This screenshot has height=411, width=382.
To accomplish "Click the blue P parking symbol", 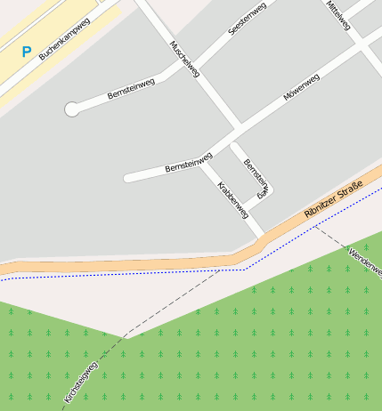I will coord(26,52).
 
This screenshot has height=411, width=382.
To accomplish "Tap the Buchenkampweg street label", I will coord(64,40).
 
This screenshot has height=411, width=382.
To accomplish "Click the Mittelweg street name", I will coord(337,15).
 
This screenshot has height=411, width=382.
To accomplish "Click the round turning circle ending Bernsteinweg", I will coord(71,109).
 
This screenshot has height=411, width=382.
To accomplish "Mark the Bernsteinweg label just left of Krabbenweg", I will coord(189,163).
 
